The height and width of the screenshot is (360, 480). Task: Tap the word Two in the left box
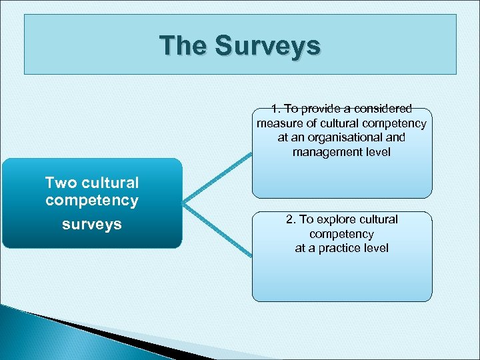coord(59,183)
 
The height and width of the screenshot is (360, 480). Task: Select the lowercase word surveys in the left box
coord(92,224)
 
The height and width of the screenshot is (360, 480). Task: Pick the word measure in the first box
coord(277,123)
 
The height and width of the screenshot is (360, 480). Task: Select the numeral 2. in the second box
coord(291,219)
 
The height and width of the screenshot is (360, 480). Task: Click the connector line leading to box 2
coord(218,229)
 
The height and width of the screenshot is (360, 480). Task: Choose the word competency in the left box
coord(92,200)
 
